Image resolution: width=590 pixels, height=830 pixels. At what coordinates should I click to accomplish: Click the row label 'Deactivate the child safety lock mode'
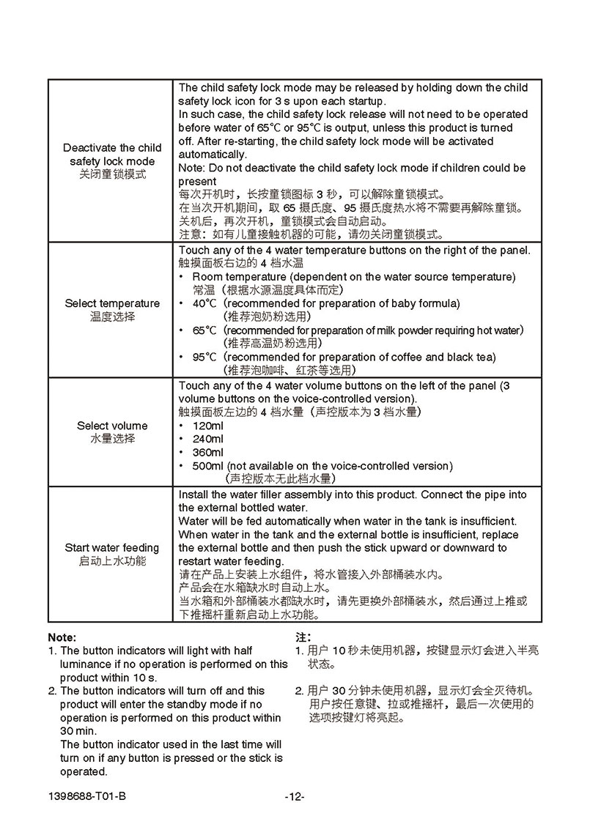click(112, 155)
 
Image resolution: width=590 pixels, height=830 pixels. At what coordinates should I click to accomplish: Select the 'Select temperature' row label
click(112, 303)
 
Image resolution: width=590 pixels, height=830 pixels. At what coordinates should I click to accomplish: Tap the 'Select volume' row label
click(112, 426)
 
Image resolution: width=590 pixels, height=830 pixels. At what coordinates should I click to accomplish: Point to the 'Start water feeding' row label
click(112, 548)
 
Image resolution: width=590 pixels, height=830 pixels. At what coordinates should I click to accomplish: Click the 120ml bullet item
click(207, 426)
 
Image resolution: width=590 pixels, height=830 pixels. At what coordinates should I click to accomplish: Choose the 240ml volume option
click(207, 439)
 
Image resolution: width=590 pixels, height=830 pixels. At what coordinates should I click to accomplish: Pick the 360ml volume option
click(207, 452)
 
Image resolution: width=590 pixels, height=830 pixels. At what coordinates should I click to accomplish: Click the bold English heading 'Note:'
click(62, 637)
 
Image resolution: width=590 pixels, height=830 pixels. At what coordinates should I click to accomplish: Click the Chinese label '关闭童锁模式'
click(112, 175)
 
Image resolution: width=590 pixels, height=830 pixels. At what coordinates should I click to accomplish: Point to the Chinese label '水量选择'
click(112, 439)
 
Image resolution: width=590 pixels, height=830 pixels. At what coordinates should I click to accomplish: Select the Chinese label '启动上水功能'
click(112, 561)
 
